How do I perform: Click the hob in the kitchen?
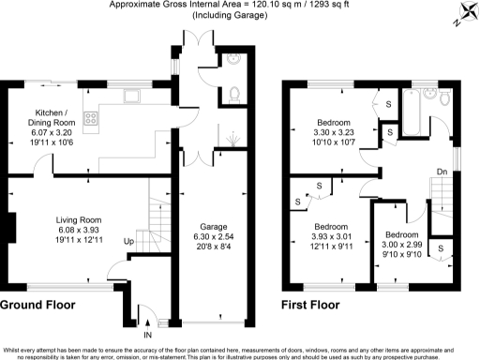(x=94, y=119)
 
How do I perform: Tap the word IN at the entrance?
(x=147, y=334)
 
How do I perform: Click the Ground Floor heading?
(x=38, y=306)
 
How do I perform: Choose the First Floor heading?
(x=317, y=306)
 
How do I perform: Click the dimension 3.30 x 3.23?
(x=333, y=133)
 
